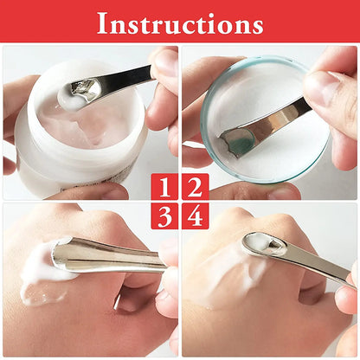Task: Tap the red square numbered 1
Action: point(165,186)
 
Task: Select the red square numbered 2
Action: point(195,186)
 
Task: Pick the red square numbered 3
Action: point(165,215)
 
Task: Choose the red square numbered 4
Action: point(195,215)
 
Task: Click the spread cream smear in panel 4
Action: point(221,268)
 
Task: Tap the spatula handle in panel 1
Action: point(130,77)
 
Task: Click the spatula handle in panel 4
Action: point(316,265)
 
